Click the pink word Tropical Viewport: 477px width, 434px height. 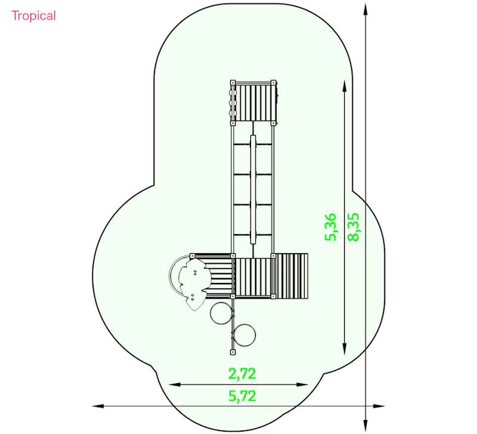[x=34, y=16]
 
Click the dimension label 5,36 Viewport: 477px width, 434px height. [x=331, y=227]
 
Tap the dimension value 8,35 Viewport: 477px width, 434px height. [x=353, y=227]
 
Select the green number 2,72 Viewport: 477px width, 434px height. [x=242, y=374]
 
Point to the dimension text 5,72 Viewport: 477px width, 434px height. [x=242, y=396]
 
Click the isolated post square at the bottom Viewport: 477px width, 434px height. [x=233, y=352]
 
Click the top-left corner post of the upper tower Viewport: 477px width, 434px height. [x=233, y=82]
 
